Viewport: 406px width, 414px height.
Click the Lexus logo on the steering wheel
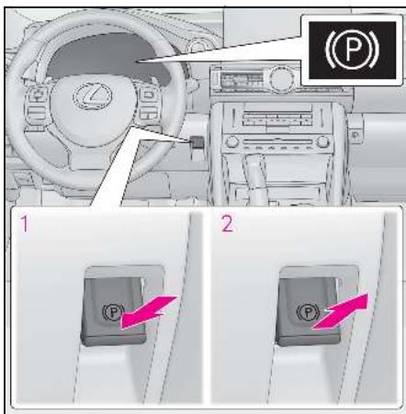tap(93, 95)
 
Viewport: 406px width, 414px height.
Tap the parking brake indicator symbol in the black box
tap(352, 50)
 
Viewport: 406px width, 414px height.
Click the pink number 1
tap(25, 223)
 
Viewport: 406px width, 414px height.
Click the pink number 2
tap(227, 224)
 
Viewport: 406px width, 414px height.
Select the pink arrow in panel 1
tap(149, 312)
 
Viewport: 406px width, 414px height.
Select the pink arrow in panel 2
tap(340, 311)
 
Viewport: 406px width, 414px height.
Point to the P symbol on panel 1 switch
tap(113, 312)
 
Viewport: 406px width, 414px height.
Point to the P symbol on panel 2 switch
tap(309, 312)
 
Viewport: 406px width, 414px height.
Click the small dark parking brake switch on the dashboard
tap(197, 141)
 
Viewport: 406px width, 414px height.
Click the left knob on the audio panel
tap(231, 142)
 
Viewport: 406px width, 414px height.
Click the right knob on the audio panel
tap(322, 142)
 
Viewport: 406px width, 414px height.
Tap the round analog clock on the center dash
tap(279, 77)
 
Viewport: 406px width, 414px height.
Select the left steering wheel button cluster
tap(36, 106)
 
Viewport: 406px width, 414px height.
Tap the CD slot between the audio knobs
tap(277, 142)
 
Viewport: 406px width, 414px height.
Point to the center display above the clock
tap(241, 80)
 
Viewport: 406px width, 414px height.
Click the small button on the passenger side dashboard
tap(355, 134)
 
